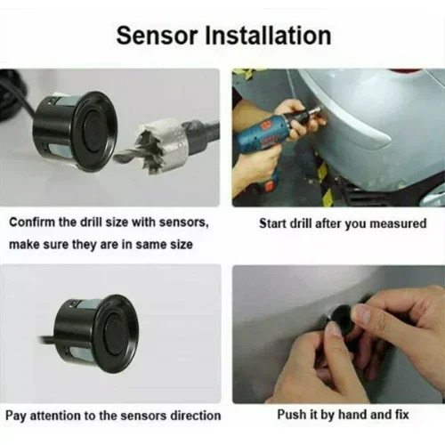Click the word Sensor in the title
pyautogui.click(x=158, y=36)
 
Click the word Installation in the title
pyautogui.click(x=268, y=36)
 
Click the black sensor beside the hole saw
pyautogui.click(x=76, y=132)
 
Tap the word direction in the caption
pyautogui.click(x=195, y=416)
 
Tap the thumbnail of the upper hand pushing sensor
pyautogui.click(x=363, y=314)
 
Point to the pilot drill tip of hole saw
pyautogui.click(x=117, y=158)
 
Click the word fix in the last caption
pyautogui.click(x=401, y=414)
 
